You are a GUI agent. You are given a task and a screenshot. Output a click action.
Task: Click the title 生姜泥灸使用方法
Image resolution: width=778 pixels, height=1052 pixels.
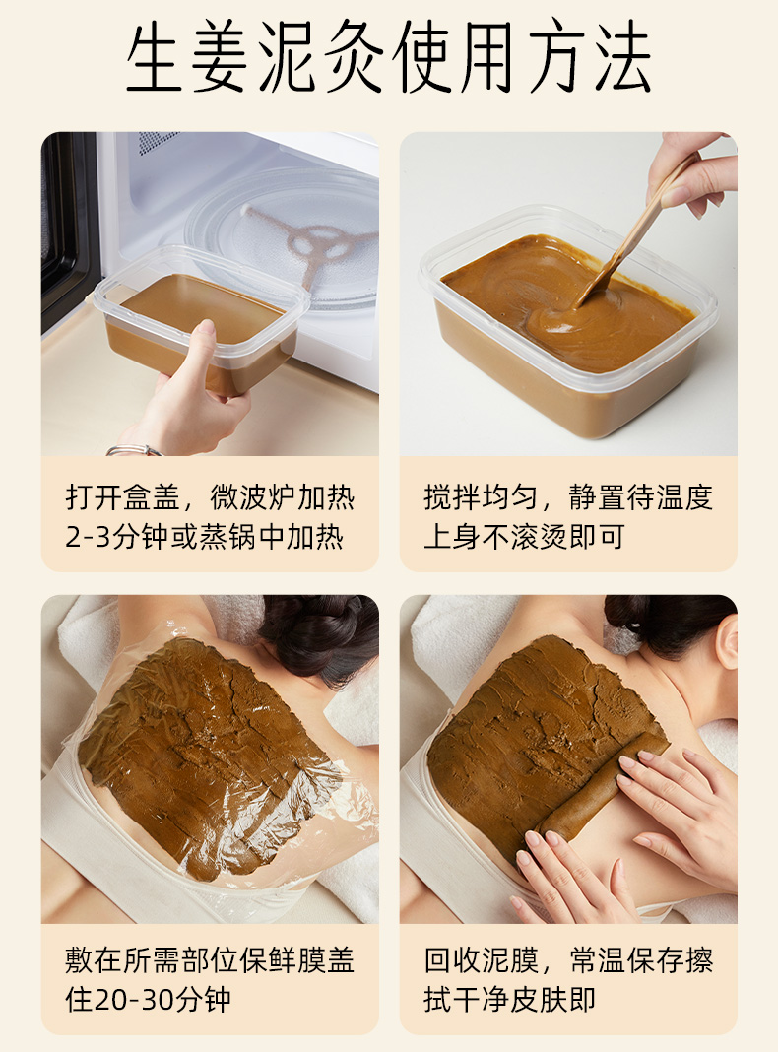point(388,56)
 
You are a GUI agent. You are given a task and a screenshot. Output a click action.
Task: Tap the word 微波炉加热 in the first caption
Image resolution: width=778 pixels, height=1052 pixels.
point(283,497)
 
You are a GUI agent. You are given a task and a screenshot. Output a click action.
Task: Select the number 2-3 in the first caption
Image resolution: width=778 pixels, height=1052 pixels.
point(88,538)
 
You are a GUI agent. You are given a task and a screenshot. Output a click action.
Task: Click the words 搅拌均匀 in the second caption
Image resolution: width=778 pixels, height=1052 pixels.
point(481,497)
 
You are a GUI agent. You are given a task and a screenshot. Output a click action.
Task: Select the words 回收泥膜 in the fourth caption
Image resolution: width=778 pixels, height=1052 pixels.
point(481,960)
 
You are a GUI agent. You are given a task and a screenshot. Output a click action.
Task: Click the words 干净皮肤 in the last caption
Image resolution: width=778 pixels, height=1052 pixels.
point(510,1000)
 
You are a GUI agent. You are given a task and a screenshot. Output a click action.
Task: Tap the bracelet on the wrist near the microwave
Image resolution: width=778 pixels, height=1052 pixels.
point(134,450)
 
